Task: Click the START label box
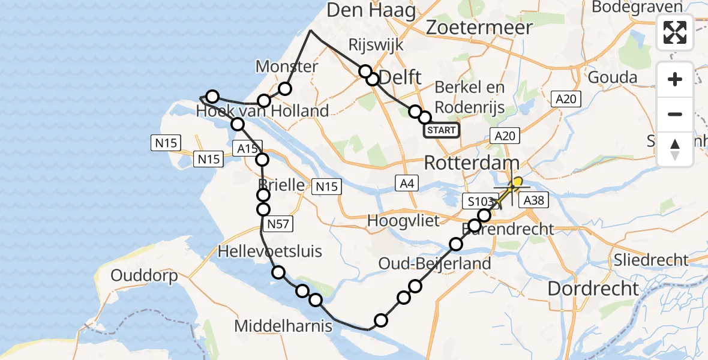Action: [442, 130]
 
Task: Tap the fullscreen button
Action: [675, 32]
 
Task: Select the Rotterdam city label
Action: [472, 163]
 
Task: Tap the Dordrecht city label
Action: [593, 289]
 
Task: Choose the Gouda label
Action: [612, 77]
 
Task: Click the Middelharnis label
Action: [283, 326]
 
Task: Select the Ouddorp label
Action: [144, 276]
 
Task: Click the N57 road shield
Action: [277, 224]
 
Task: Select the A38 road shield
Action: [533, 200]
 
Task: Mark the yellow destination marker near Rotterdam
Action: [517, 182]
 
